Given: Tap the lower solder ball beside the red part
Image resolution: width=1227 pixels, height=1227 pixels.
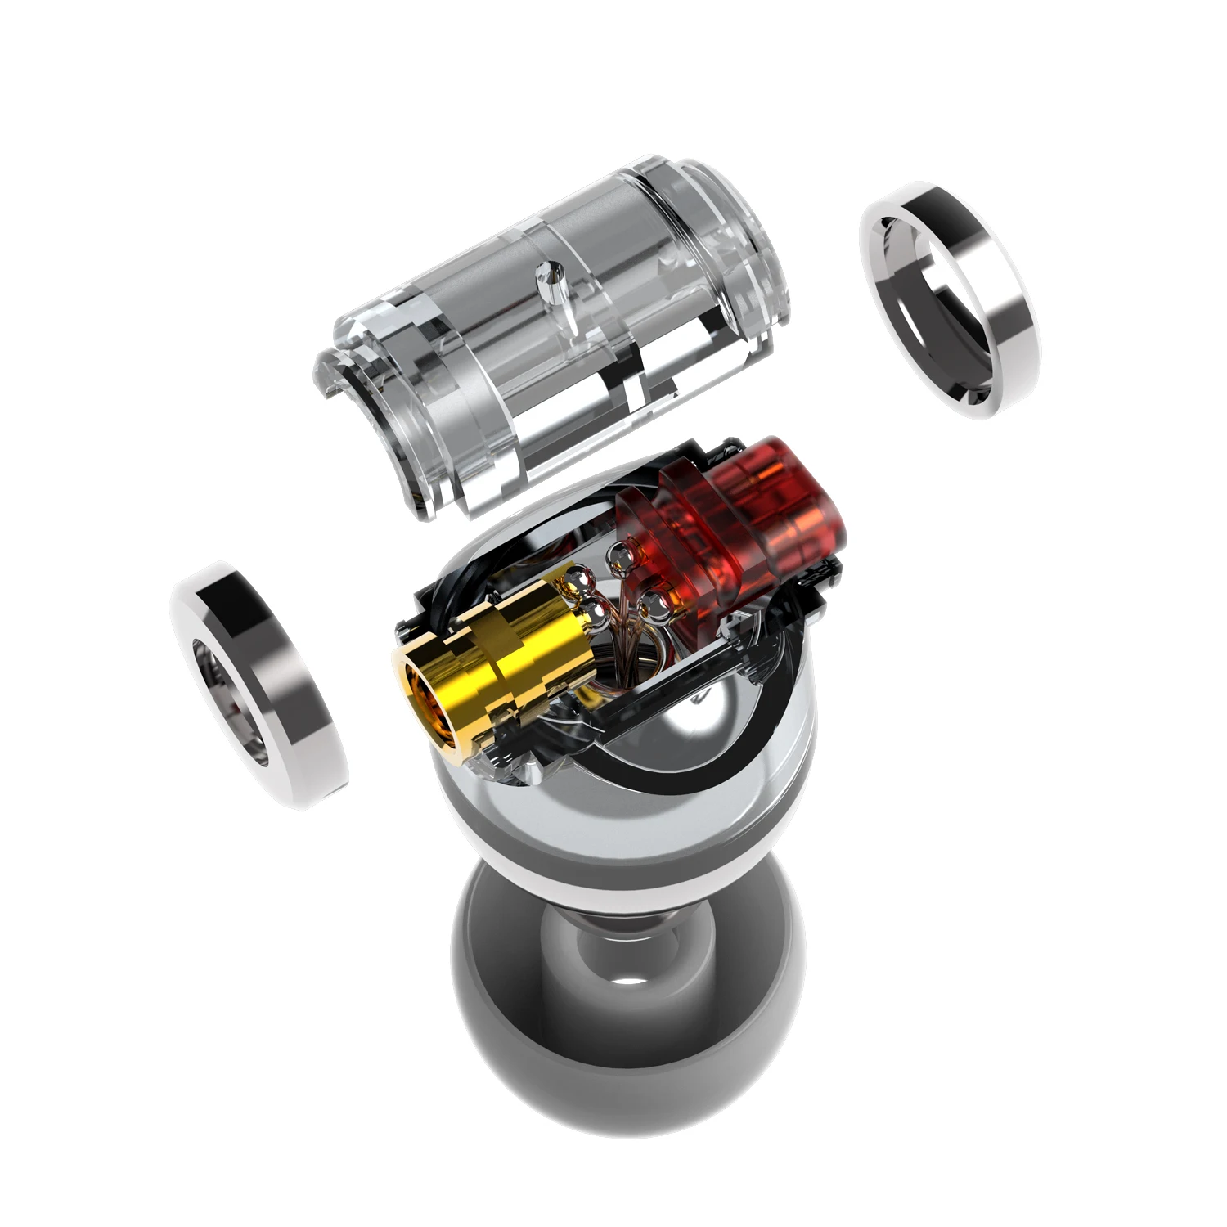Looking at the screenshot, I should tap(654, 605).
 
